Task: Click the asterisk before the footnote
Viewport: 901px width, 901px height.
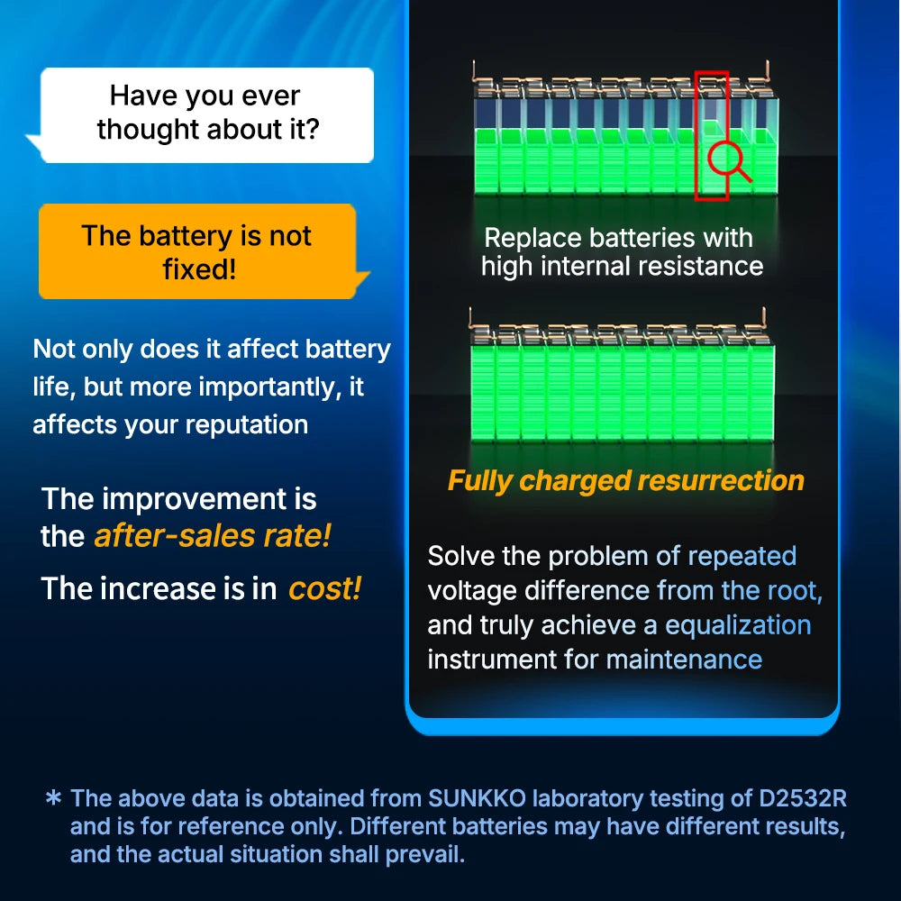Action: click(53, 799)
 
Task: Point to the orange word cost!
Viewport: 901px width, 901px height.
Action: click(324, 588)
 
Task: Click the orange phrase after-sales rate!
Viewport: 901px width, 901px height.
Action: click(213, 536)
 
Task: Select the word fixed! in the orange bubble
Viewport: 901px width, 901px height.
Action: click(199, 268)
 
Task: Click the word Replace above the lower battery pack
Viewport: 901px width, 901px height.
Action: click(532, 238)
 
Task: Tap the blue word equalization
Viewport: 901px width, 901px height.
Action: click(738, 624)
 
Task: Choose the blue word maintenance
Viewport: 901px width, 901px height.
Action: click(684, 659)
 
